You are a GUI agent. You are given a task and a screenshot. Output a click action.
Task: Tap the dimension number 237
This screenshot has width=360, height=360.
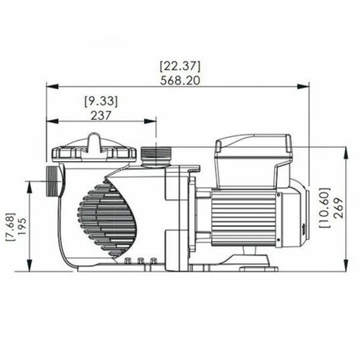pos(101,115)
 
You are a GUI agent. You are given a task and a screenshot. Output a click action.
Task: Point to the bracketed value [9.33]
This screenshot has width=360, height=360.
pos(101,101)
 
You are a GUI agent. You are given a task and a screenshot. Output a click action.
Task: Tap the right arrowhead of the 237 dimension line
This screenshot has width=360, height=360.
pos(155,122)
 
